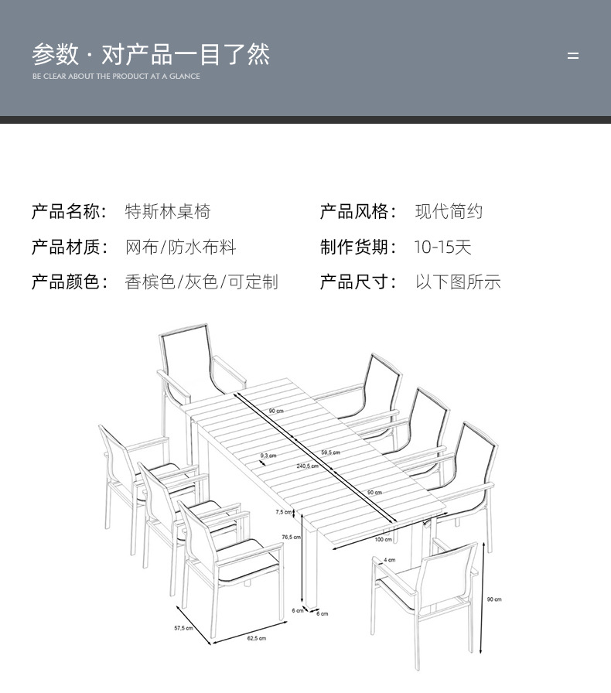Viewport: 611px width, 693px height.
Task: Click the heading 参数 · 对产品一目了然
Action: [x=151, y=54]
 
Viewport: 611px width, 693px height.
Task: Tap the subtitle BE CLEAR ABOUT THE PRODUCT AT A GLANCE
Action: [x=116, y=77]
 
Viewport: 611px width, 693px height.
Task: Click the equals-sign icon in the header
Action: [x=573, y=56]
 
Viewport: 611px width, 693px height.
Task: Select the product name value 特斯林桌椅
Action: [x=168, y=212]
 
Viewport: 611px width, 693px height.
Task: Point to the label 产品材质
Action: [x=70, y=247]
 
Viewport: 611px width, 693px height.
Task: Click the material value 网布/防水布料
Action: [x=181, y=247]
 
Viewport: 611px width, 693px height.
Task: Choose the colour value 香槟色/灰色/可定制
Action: [x=201, y=282]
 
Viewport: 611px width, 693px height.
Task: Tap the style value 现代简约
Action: [x=449, y=212]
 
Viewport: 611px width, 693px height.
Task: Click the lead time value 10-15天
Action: [x=442, y=247]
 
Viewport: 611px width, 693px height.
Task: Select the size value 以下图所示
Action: [x=458, y=282]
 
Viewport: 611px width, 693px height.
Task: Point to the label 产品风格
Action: [x=358, y=212]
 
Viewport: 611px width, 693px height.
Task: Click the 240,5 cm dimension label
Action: [x=307, y=466]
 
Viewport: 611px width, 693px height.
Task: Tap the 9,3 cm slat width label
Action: [x=268, y=456]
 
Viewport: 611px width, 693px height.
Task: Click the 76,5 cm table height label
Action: [x=291, y=537]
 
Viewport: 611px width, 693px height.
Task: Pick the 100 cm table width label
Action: [x=383, y=539]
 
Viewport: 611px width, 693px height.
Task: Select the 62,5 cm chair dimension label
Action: [x=257, y=638]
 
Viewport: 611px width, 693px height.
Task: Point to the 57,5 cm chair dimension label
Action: [x=183, y=629]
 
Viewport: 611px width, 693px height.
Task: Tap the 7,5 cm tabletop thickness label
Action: [x=284, y=512]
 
